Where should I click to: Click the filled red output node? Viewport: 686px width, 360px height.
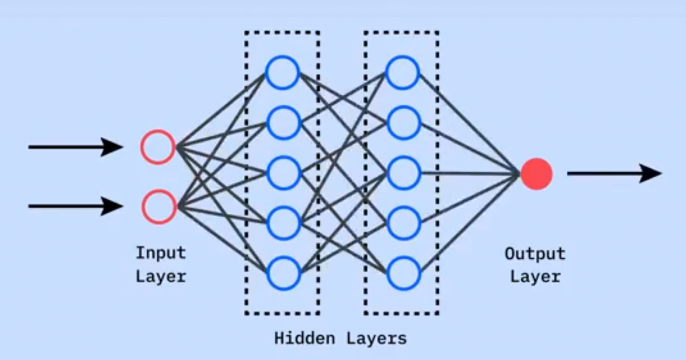pyautogui.click(x=536, y=174)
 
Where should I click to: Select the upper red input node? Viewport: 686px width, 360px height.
pyautogui.click(x=158, y=147)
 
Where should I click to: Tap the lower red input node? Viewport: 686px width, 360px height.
pyautogui.click(x=159, y=206)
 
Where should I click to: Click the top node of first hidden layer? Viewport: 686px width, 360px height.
pyautogui.click(x=282, y=72)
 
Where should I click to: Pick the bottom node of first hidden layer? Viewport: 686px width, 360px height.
pyautogui.click(x=282, y=273)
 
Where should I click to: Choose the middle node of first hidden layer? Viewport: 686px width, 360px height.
pyautogui.click(x=282, y=172)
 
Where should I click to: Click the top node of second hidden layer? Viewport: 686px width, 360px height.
pyautogui.click(x=403, y=72)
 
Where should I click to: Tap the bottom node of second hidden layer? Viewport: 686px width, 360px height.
pyautogui.click(x=403, y=273)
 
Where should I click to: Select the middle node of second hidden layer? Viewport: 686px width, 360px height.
pyautogui.click(x=403, y=172)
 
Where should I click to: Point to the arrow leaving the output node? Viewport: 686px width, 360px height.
pyautogui.click(x=614, y=174)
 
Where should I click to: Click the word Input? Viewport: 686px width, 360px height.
pyautogui.click(x=161, y=253)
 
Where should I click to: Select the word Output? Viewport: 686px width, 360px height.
pyautogui.click(x=535, y=254)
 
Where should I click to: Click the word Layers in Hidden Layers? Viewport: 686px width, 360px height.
pyautogui.click(x=376, y=338)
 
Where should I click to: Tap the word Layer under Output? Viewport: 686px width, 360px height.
pyautogui.click(x=535, y=276)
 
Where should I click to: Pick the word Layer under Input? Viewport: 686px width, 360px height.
pyautogui.click(x=161, y=276)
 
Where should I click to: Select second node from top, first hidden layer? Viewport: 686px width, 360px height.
pyautogui.click(x=282, y=122)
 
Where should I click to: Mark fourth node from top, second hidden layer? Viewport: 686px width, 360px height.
pyautogui.click(x=403, y=223)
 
